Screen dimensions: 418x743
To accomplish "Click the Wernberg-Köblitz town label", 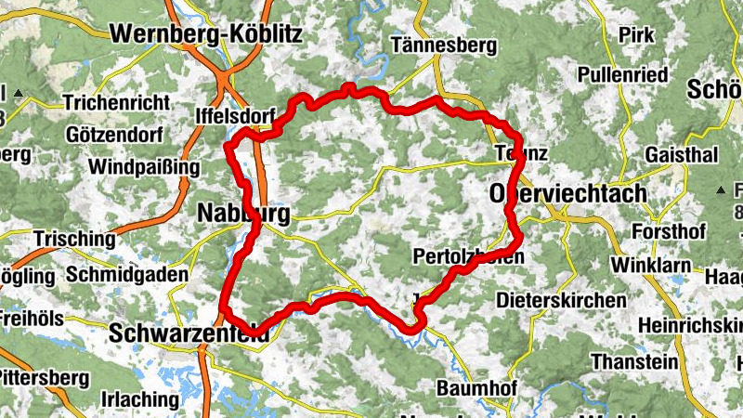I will point(206,34).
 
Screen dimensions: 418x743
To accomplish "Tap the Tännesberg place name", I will point(435,44).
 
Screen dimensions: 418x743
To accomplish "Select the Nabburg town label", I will point(243,215).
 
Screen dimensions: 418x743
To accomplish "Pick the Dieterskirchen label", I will point(561,300).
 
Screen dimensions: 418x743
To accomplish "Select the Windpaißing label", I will point(144,167).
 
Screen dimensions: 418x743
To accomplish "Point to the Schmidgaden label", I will point(127,275).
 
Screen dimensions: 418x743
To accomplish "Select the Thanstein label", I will point(632,360).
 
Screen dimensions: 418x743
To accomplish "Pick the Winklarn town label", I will point(651,265).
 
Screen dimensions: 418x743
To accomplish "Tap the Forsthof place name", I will point(668,230).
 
